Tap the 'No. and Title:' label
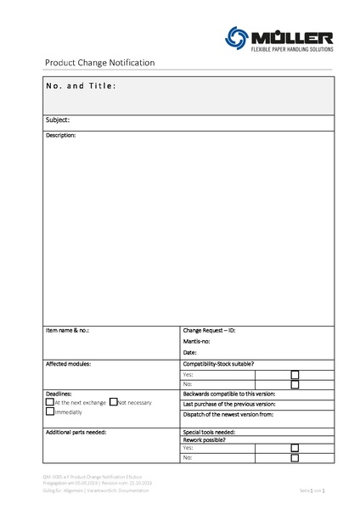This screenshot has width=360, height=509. click(82, 87)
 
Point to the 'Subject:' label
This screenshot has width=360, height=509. click(58, 120)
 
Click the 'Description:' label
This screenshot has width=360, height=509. click(61, 136)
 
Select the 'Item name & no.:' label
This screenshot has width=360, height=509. click(68, 329)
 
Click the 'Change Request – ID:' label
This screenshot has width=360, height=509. click(209, 329)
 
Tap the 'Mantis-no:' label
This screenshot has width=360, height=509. click(196, 340)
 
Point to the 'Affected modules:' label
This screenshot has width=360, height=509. click(69, 363)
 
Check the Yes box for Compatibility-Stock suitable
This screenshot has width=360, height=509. click(295, 374)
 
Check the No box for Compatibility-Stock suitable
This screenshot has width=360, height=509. click(295, 384)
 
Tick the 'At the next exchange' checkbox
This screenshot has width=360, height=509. click(49, 402)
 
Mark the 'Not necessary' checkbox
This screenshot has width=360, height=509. click(113, 401)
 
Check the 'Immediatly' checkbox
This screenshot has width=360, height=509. click(49, 412)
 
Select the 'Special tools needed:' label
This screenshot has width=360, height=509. click(209, 432)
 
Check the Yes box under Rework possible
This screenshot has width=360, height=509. click(295, 448)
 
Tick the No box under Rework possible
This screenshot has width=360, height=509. click(295, 458)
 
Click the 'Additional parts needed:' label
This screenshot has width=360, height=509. click(76, 432)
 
